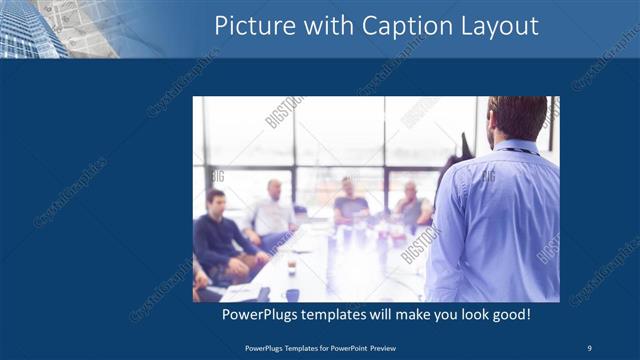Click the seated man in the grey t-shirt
point(350,205)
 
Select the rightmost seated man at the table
point(411,206)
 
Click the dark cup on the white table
point(292,268)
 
